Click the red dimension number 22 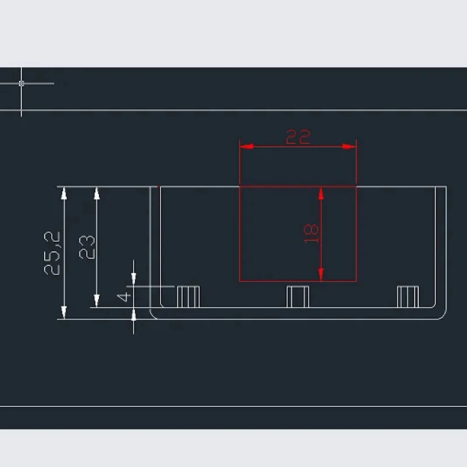pyautogui.click(x=298, y=137)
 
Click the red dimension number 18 pyautogui.click(x=311, y=234)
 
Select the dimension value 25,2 pyautogui.click(x=52, y=253)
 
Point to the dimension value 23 pyautogui.click(x=87, y=247)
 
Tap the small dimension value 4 pyautogui.click(x=124, y=297)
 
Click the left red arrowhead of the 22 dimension pyautogui.click(x=246, y=147)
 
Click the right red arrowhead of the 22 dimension pyautogui.click(x=349, y=147)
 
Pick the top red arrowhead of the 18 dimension pyautogui.click(x=321, y=194)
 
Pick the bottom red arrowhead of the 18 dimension pyautogui.click(x=321, y=274)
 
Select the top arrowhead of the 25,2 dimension pyautogui.click(x=64, y=193)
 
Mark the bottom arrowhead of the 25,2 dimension pyautogui.click(x=64, y=312)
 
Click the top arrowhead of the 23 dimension pyautogui.click(x=96, y=193)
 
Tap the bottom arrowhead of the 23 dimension pyautogui.click(x=96, y=301)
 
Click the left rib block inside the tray pyautogui.click(x=188, y=297)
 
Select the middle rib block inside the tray pyautogui.click(x=298, y=297)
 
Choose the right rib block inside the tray pyautogui.click(x=407, y=297)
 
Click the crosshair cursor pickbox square pyautogui.click(x=21, y=83)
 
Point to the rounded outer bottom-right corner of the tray pyautogui.click(x=444, y=316)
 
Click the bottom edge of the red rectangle pyautogui.click(x=298, y=281)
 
